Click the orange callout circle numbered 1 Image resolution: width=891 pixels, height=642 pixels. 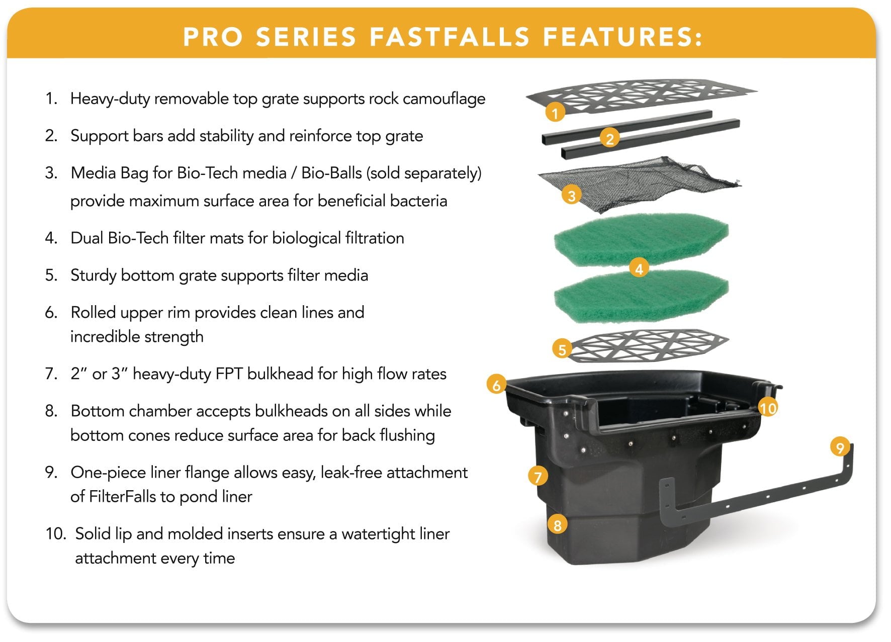pos(555,113)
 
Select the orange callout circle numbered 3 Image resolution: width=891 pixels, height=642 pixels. pos(571,195)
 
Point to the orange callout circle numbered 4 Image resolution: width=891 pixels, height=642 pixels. pos(639,268)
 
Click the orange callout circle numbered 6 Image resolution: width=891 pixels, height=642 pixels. pos(496,385)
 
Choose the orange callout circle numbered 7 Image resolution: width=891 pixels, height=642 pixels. pos(538,476)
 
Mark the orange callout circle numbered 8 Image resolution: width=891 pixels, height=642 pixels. pos(557,525)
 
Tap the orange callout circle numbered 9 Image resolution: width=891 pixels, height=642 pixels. pos(840,446)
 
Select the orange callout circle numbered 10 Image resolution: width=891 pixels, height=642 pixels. pos(768,407)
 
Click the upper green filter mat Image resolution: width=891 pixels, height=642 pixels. pos(641,239)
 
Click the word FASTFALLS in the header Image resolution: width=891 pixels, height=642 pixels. pos(450,37)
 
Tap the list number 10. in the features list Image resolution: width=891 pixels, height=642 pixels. pos(56,534)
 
